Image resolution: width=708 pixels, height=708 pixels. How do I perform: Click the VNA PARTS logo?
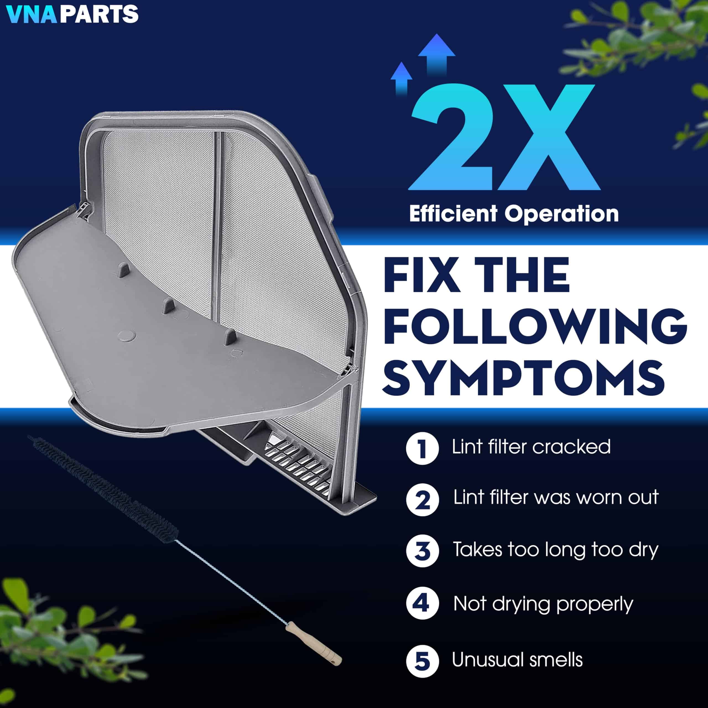pyautogui.click(x=72, y=14)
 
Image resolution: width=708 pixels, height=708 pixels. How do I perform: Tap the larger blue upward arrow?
pyautogui.click(x=436, y=55)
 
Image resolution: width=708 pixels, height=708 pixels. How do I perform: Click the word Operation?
pyautogui.click(x=562, y=214)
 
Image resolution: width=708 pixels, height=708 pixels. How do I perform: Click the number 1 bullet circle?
pyautogui.click(x=422, y=448)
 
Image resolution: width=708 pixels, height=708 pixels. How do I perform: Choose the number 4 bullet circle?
pyautogui.click(x=422, y=603)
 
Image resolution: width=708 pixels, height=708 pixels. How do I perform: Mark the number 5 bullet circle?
pyautogui.click(x=422, y=662)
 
